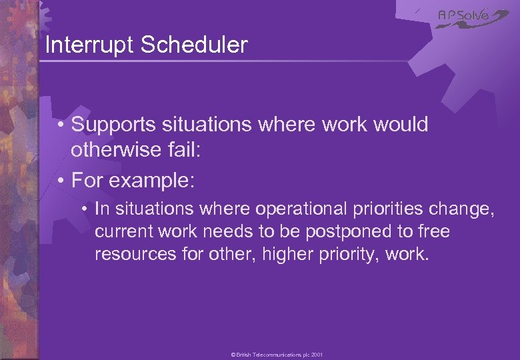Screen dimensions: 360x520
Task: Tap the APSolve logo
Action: pos(472,17)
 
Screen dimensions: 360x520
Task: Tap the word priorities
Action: pos(382,209)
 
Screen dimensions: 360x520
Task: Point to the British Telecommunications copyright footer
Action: pos(277,355)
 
